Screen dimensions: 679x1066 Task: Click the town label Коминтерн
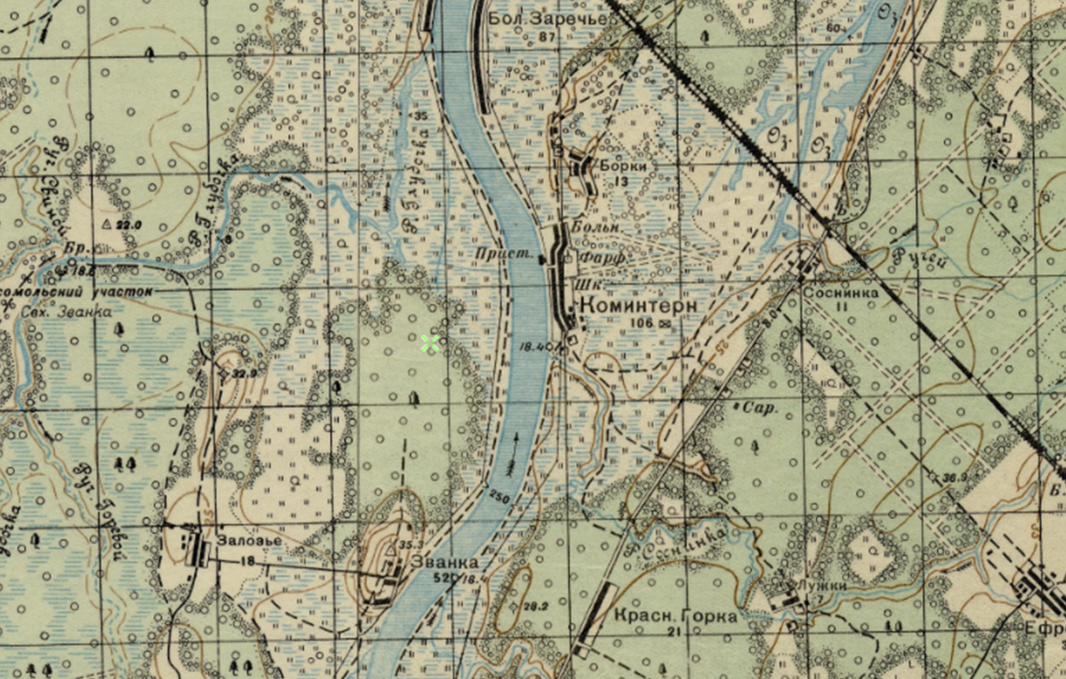637,305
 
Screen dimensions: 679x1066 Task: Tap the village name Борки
622,166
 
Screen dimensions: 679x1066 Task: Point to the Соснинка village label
840,292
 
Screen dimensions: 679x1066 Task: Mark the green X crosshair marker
431,344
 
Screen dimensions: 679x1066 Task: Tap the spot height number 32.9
244,374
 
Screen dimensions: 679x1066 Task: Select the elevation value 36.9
955,479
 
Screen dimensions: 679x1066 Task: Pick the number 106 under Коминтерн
639,322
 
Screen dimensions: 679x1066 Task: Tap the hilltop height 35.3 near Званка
410,544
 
